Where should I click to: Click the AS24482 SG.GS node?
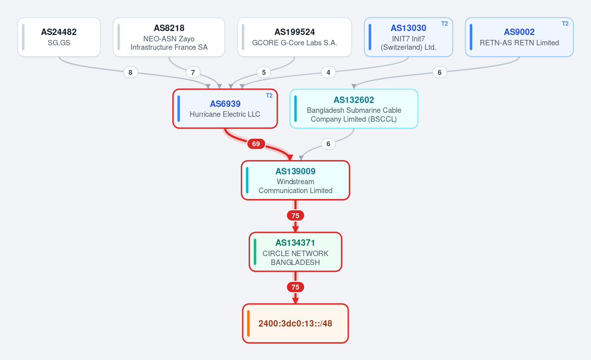click(59, 37)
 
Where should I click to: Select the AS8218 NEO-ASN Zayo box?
click(169, 37)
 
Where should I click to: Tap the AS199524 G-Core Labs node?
click(295, 37)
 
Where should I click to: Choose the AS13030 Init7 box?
click(408, 37)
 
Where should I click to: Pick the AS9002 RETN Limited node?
click(519, 37)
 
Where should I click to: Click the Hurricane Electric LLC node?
click(225, 109)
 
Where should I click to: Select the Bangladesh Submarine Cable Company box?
click(354, 109)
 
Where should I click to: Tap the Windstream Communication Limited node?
click(295, 180)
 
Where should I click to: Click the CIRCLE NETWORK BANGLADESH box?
click(295, 252)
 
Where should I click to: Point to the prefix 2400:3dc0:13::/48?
click(295, 324)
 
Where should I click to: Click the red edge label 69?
click(256, 144)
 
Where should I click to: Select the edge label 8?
click(131, 72)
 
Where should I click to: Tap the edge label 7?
click(193, 72)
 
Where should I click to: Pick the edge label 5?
click(264, 72)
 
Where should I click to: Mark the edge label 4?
click(328, 72)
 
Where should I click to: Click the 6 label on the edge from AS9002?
click(439, 72)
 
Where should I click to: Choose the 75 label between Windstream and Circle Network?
click(295, 216)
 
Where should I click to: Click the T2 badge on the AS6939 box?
click(269, 96)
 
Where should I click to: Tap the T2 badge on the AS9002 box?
click(565, 24)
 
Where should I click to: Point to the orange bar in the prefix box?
click(248, 324)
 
